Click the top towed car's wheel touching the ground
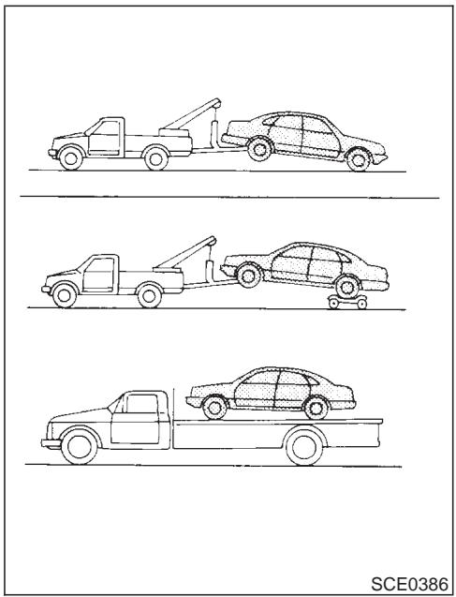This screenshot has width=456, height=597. point(355,160)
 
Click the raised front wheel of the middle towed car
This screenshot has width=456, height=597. point(247,275)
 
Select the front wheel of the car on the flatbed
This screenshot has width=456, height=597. point(214,405)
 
